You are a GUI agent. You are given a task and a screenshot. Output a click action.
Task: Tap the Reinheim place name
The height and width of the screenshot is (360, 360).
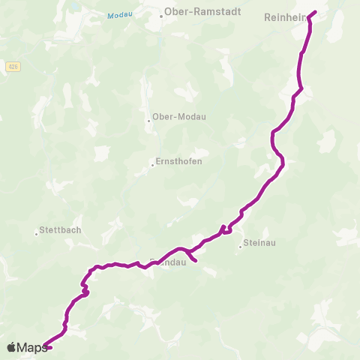pos(282,16)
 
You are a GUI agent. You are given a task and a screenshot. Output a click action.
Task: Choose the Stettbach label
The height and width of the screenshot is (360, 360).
pos(61,231)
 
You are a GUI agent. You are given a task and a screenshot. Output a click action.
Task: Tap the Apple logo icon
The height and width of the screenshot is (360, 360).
pos(11,347)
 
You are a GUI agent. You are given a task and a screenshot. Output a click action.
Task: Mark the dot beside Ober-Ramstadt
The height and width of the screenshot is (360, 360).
pos(160,16)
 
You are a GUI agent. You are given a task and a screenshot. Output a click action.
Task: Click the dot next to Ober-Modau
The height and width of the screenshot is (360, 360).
pos(148,117)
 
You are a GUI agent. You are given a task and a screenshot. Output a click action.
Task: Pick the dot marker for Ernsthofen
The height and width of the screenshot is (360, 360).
pos(152,165)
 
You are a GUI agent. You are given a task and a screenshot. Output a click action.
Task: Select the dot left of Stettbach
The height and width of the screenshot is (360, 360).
pos(36,233)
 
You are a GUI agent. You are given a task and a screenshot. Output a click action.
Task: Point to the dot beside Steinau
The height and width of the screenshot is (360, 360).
pos(240,246)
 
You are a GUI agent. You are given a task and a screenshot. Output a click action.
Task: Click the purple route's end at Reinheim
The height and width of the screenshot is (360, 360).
pos(316,11)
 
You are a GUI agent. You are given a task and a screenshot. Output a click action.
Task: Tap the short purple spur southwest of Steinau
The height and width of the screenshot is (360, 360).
pos(193,259)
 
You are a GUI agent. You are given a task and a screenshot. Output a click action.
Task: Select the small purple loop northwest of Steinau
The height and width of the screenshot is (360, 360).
pos(225,230)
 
